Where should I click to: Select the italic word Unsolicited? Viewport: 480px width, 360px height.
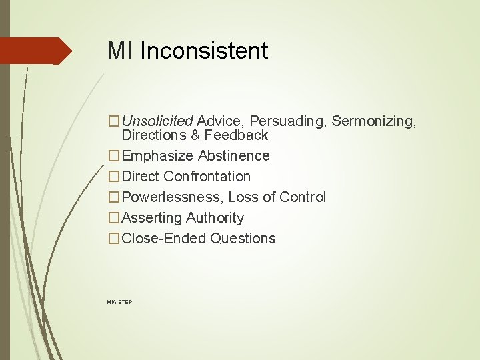[x=158, y=121]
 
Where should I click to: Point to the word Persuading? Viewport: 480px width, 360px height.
[x=288, y=121]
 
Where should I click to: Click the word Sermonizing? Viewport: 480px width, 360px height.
[x=374, y=121]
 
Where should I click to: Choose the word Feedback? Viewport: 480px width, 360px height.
[x=237, y=135]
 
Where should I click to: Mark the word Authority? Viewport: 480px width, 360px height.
[x=215, y=218]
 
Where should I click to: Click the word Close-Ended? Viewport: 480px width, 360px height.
[x=165, y=239]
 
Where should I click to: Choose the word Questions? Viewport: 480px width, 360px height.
[x=243, y=239]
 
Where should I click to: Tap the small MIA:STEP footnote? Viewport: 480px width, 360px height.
[x=119, y=303]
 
